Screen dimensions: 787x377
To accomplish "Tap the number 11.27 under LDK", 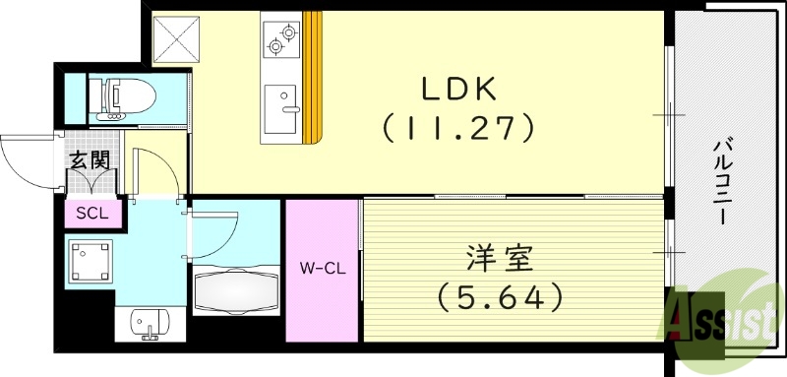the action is pos(458,126).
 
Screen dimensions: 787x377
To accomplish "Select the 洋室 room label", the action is pos(499,261).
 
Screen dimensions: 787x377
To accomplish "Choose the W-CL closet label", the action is pos(322,266).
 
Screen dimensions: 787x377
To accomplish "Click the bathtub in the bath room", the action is pos(235,291).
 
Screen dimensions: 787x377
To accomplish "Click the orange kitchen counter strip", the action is pos(313,77).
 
